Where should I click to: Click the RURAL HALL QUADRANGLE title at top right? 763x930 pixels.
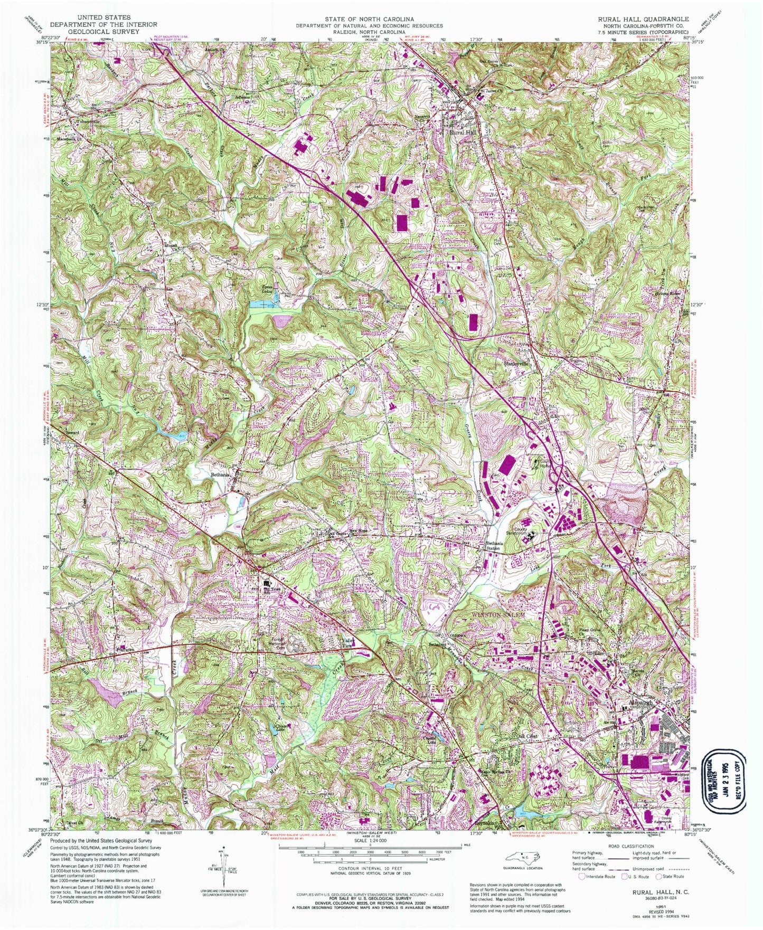[x=643, y=18]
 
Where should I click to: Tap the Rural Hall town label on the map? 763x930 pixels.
[x=463, y=134]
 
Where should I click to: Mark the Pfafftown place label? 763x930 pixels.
[x=125, y=650]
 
